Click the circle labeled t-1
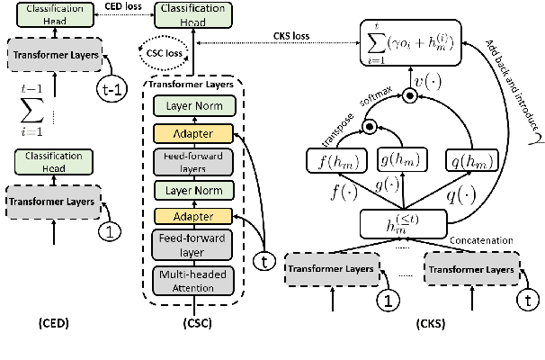[112, 86]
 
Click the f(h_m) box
[338, 163]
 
